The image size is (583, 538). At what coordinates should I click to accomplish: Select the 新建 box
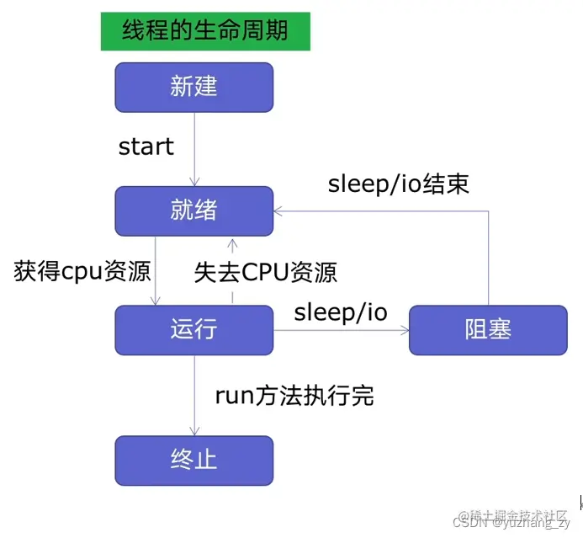click(x=193, y=87)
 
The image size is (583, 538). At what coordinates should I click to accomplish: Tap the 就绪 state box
click(x=193, y=210)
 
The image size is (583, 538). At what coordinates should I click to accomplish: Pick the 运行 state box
click(x=193, y=329)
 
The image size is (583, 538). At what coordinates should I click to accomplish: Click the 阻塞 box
click(x=488, y=329)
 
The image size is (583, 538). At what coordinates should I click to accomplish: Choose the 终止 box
click(x=193, y=460)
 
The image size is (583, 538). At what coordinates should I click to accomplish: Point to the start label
click(x=146, y=146)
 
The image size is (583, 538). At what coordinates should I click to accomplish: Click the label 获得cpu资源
click(x=82, y=271)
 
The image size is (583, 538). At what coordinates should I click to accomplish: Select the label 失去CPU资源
click(x=266, y=271)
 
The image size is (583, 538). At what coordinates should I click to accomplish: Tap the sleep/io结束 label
click(x=398, y=183)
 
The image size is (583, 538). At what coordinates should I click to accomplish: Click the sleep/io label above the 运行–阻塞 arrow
click(x=341, y=313)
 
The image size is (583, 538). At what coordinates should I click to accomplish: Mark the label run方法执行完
click(x=294, y=395)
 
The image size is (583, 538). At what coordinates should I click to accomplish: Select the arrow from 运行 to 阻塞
click(x=341, y=330)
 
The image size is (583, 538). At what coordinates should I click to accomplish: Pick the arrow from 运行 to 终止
click(x=195, y=396)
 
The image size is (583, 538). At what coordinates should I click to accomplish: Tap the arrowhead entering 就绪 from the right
click(x=278, y=211)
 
